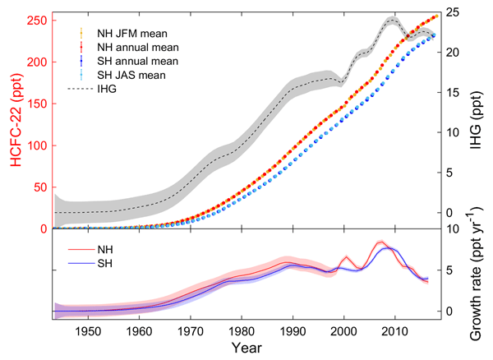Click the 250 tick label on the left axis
pos(37,20)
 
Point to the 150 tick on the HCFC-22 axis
pos(37,104)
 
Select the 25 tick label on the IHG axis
pos(452,12)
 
